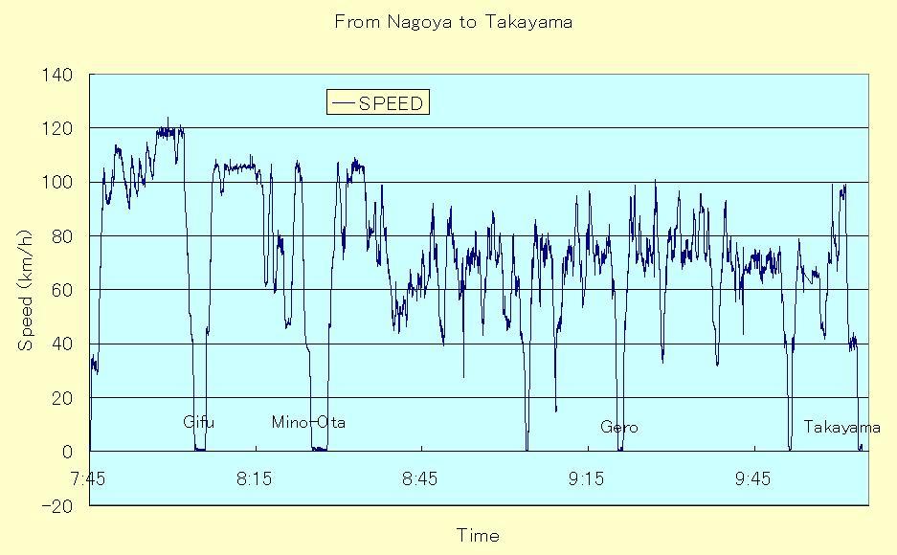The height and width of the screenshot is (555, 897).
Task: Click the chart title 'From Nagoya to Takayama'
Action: (453, 22)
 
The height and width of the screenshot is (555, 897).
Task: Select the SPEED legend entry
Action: (378, 103)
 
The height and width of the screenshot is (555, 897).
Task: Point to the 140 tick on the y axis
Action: (57, 75)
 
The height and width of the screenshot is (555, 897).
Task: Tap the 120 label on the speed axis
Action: (57, 128)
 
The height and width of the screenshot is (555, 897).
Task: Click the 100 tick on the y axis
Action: (57, 183)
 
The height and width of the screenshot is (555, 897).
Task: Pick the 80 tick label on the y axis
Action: (62, 236)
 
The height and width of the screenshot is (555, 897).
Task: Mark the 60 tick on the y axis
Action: (62, 290)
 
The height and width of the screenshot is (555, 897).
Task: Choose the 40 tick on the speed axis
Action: (62, 344)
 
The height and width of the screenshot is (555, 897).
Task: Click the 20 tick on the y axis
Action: (62, 398)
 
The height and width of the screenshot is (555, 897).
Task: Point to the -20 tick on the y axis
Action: (57, 506)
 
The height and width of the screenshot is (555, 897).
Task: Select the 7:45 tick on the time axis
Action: (88, 478)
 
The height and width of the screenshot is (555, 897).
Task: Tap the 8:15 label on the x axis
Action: (254, 478)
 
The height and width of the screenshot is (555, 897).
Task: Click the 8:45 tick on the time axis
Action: (420, 478)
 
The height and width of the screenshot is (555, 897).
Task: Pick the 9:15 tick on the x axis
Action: (587, 478)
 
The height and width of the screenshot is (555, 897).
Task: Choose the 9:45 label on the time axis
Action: (752, 478)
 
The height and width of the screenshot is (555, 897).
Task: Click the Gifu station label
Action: (198, 422)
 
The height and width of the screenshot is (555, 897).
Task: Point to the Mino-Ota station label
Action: (308, 422)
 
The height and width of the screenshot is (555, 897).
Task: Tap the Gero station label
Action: (619, 427)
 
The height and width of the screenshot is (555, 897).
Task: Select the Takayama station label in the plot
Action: (841, 427)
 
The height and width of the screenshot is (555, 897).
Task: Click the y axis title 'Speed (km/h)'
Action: (25, 290)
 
